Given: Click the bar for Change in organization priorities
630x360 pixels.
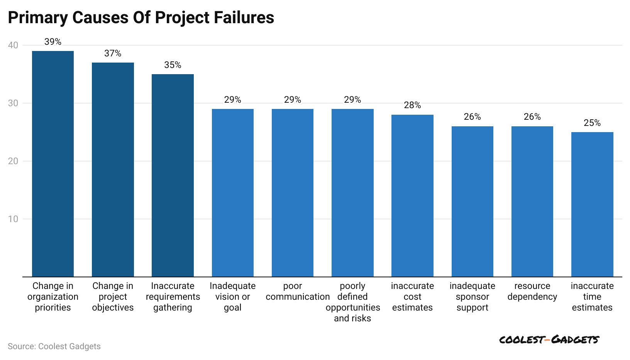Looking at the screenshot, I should [53, 164].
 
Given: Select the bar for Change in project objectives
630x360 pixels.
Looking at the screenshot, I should [113, 170].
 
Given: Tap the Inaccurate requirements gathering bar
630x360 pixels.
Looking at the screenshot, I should [173, 175].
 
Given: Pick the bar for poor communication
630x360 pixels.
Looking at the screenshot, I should [293, 193].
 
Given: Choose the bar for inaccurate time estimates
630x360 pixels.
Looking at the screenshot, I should [592, 204].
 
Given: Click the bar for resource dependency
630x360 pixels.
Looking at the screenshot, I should [532, 201].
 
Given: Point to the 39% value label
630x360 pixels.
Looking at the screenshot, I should [53, 42].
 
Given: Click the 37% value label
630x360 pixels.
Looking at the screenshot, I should [113, 53].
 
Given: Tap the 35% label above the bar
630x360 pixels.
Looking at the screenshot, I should [173, 65].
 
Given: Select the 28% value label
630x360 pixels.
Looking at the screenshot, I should [412, 105].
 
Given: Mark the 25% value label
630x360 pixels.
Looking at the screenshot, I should [592, 123].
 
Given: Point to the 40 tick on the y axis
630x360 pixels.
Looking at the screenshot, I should [13, 45].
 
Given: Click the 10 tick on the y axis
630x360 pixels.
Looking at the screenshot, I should [13, 219].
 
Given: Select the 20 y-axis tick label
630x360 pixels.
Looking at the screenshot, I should [13, 161].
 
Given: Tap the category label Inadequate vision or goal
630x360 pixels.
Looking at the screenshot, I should [233, 297].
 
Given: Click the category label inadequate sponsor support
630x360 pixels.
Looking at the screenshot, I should [472, 297].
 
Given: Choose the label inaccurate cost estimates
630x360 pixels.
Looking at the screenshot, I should [412, 297].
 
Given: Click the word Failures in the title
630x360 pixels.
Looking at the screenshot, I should [244, 18].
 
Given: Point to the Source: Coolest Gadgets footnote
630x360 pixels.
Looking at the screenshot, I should [54, 346].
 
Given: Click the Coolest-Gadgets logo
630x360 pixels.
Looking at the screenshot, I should [549, 340].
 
